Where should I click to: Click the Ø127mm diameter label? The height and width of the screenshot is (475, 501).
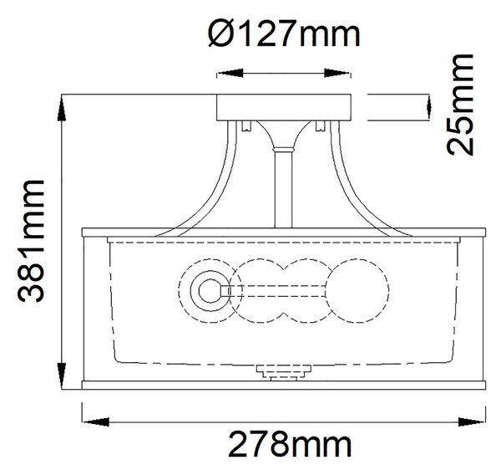pos(284,33)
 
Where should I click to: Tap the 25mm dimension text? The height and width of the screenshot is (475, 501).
pos(460,105)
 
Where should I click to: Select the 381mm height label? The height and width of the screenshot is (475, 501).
pos(30,241)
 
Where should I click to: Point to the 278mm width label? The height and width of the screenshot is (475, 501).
pos(290,444)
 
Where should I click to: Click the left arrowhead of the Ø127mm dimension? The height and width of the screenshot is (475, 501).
pos(230,73)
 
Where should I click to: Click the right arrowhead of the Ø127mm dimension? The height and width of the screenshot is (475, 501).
pos(337,73)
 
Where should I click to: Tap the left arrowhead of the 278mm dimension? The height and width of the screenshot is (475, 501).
pos(95,421)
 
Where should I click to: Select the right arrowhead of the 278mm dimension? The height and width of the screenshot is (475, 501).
pos(472,421)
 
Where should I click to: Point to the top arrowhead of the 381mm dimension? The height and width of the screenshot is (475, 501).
pos(62,108)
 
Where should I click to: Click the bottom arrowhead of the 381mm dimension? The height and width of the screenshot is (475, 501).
pos(62,376)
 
